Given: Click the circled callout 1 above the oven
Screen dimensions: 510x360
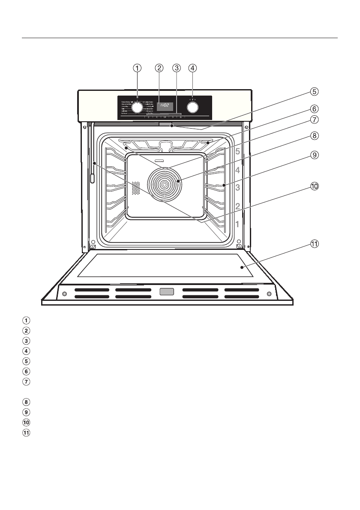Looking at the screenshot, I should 137,68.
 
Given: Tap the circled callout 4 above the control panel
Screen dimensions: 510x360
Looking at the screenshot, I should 192,68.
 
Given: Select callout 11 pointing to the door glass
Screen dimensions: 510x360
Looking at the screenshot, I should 315,244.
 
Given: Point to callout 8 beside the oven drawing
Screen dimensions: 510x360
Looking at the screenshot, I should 315,136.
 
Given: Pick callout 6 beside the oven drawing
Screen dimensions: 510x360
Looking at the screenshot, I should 315,109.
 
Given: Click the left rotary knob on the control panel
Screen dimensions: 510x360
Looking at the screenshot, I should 137,107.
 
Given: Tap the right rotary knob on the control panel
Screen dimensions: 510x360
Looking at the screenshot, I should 193,107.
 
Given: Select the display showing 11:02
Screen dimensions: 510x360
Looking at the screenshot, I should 165,105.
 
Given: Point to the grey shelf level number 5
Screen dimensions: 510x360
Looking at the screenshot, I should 237,151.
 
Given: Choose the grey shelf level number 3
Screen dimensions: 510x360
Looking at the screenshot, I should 237,187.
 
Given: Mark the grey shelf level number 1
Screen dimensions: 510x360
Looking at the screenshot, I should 237,223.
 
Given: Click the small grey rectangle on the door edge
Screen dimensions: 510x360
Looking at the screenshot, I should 167,292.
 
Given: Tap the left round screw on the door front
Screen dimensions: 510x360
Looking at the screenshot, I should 64,294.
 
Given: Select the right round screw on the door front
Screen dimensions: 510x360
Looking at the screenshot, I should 269,294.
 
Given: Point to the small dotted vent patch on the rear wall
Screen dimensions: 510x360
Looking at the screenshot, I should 136,188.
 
